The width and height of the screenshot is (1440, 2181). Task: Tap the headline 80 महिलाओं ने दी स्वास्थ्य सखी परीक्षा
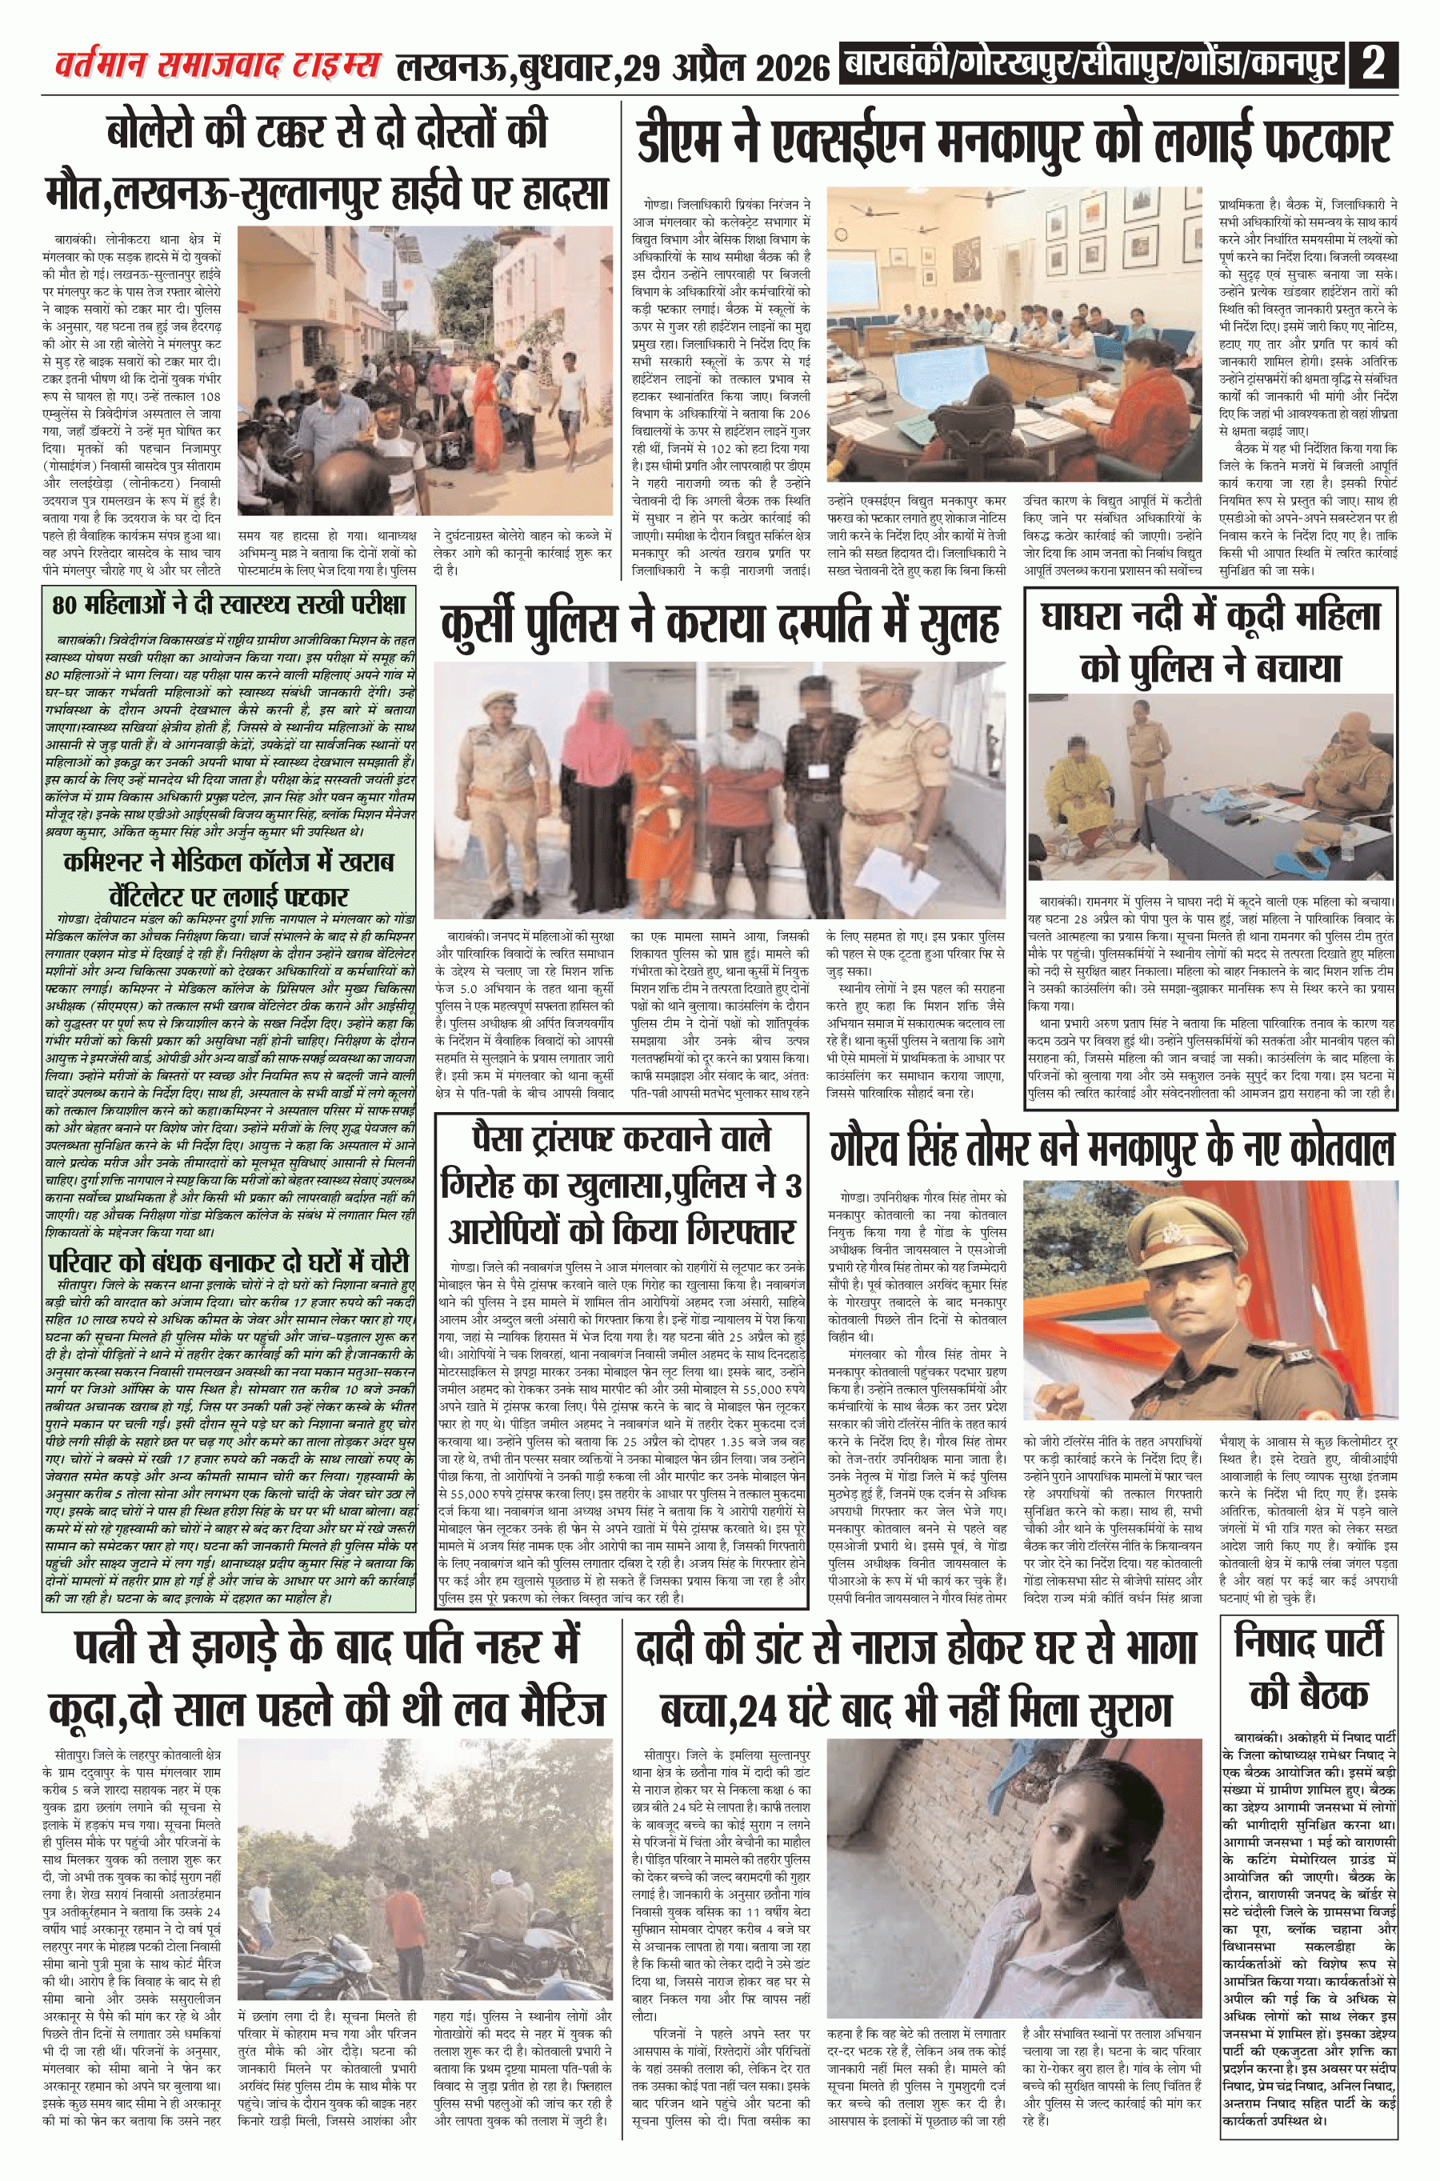tap(230, 604)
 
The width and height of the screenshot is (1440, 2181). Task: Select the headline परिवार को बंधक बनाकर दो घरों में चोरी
tap(230, 1263)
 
